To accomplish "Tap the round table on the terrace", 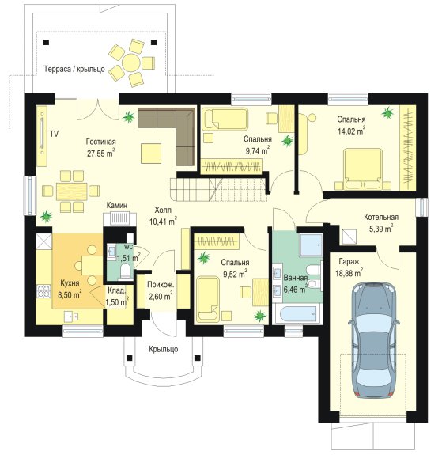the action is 131,62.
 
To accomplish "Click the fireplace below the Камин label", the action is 119,219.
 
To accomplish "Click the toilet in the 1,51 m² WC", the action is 126,271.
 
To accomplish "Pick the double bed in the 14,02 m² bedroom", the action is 363,169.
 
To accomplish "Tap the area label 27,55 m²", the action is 101,153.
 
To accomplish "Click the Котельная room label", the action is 381,217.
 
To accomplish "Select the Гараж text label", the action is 349,262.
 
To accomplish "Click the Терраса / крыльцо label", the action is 74,70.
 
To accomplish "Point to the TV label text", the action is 54,134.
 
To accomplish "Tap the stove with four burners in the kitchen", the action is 43,291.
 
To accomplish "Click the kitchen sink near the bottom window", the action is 71,317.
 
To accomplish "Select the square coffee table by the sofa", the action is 151,154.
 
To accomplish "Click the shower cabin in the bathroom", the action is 312,245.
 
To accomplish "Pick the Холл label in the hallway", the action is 163,210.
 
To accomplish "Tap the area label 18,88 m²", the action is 349,273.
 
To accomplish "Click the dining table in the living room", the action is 72,191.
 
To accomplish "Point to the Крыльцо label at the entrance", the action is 164,349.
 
